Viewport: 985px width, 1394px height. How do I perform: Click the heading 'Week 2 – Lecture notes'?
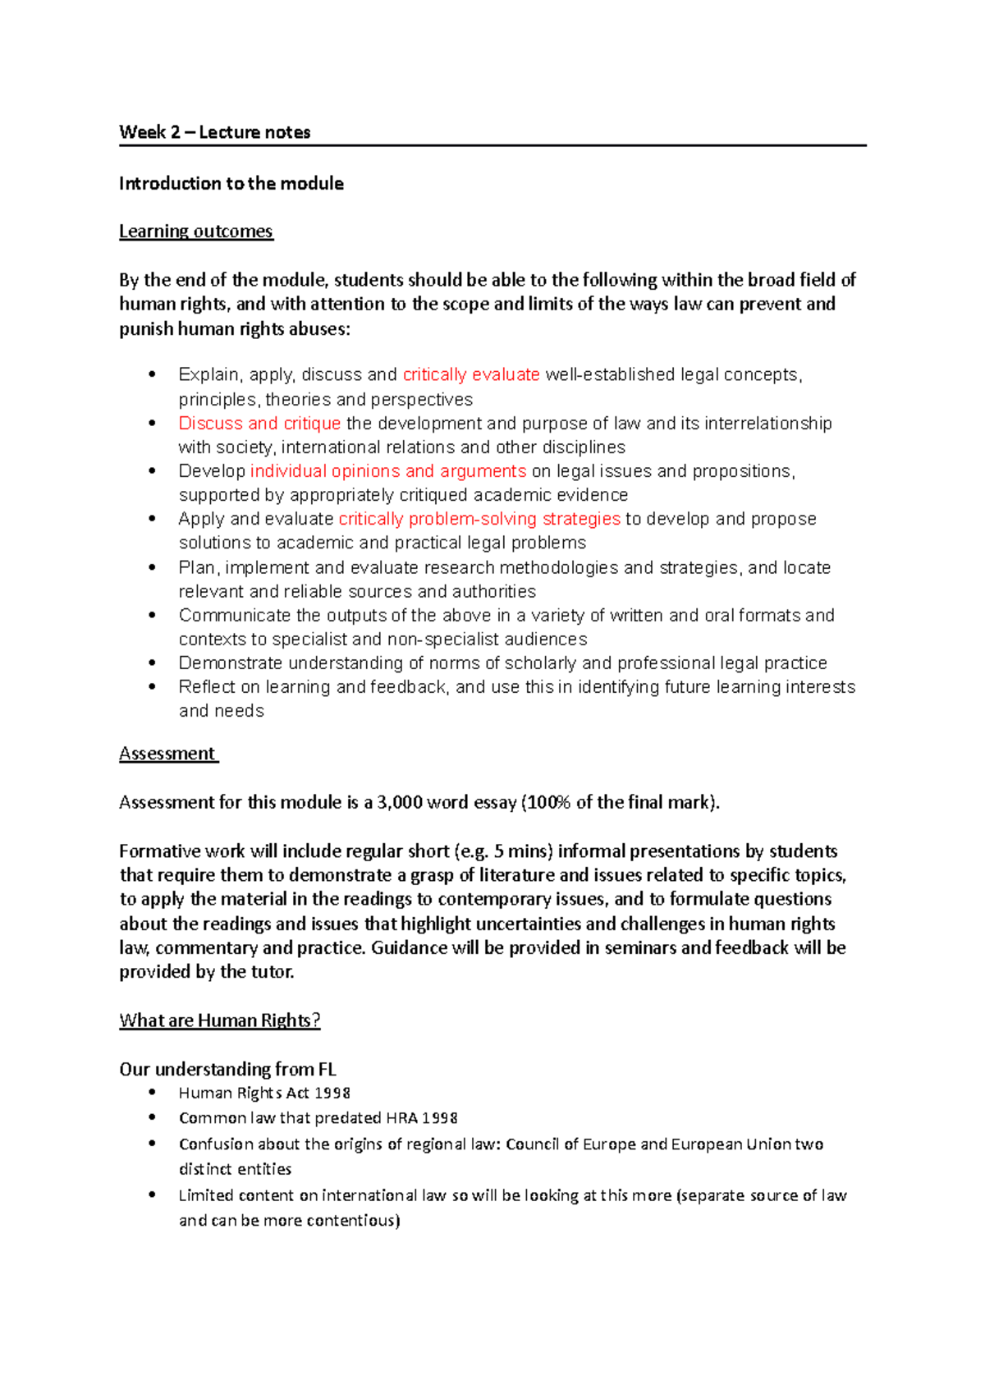click(x=214, y=132)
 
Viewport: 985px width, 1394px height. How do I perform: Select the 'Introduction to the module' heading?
click(x=231, y=183)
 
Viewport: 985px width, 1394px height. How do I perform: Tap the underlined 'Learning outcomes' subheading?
click(x=195, y=232)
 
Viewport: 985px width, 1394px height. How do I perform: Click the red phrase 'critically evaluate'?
click(x=471, y=375)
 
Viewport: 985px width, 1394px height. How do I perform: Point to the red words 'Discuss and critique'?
click(x=259, y=424)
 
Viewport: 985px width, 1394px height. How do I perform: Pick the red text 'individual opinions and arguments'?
click(x=387, y=471)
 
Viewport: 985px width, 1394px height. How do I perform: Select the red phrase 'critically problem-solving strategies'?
click(x=479, y=519)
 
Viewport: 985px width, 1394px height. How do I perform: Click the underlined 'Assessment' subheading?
click(x=167, y=754)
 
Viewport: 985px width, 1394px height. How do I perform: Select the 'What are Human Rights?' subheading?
click(x=219, y=1020)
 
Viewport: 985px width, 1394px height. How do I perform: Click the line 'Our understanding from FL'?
click(x=227, y=1069)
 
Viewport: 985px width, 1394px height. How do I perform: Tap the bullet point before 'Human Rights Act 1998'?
click(x=152, y=1093)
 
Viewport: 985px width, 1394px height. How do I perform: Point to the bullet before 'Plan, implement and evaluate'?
click(x=152, y=567)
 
